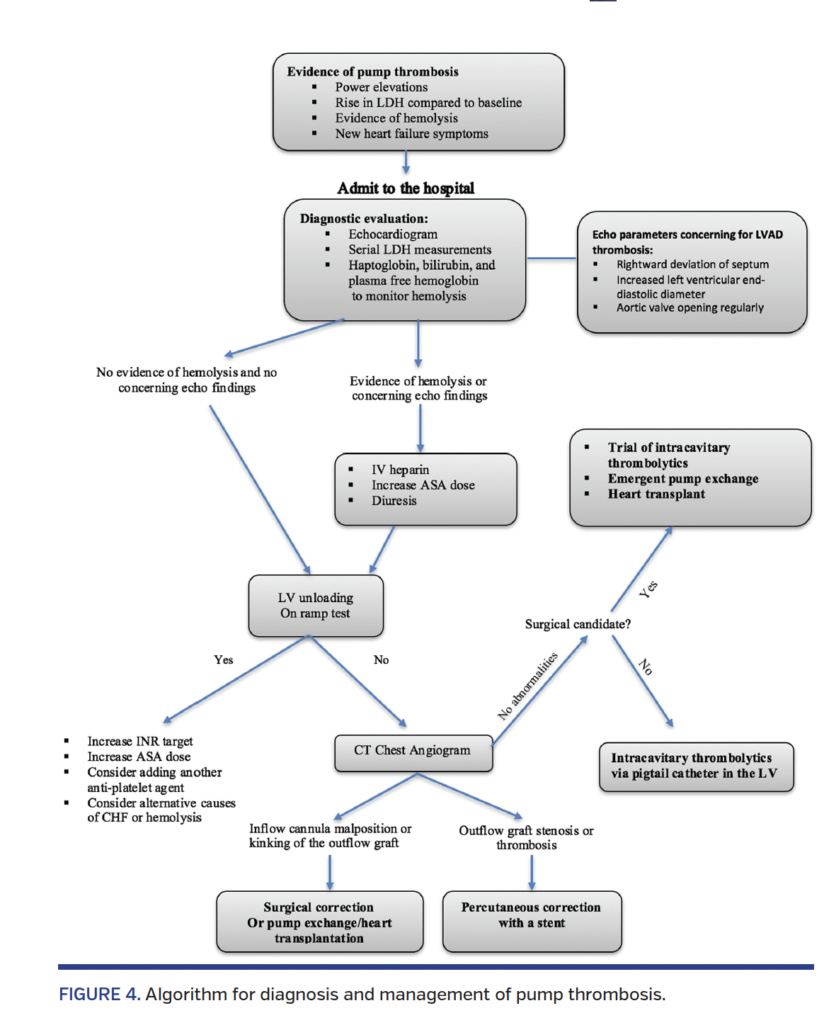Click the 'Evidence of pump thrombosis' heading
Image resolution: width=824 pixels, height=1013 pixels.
pos(372,72)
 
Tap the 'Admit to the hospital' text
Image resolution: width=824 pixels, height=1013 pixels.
pos(406,188)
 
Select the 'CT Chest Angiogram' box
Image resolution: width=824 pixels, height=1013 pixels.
pos(413,752)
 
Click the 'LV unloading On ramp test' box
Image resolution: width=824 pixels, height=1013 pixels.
pos(316,606)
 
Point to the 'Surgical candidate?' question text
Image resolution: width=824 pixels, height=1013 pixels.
pos(578,624)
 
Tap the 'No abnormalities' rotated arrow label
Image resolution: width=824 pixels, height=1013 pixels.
pos(527,686)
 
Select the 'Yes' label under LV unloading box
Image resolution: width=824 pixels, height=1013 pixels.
pos(224,660)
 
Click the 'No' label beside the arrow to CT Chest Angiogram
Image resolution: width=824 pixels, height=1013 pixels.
pos(381,660)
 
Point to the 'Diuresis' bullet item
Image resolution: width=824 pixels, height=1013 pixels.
pos(394,501)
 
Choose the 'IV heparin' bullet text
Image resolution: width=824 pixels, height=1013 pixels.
pos(400,470)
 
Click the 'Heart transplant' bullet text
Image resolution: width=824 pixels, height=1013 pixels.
pos(656,494)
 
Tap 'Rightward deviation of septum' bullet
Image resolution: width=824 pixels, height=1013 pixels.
pos(692,264)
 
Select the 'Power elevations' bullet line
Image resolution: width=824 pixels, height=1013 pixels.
pos(381,87)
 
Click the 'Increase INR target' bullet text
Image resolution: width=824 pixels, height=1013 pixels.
pos(140,741)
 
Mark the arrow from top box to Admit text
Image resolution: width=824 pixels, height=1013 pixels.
pos(406,162)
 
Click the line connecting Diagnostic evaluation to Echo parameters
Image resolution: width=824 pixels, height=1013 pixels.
pos(551,259)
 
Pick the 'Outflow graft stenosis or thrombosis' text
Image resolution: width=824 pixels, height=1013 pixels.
pos(526,837)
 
